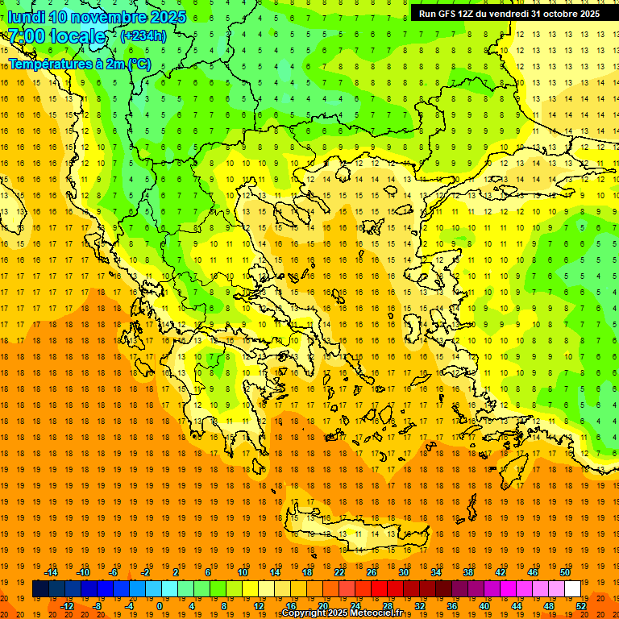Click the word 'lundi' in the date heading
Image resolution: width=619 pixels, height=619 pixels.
coord(26,17)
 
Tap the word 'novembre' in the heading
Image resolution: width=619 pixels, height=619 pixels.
coord(114,17)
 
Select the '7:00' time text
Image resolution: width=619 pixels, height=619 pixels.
coord(27,36)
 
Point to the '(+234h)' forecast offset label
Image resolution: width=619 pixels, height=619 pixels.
coord(143,35)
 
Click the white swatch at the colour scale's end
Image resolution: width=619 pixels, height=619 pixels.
coord(572,589)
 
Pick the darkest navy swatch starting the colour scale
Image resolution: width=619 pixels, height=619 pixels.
coord(40,589)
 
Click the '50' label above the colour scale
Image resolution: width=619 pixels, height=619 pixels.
coord(565,572)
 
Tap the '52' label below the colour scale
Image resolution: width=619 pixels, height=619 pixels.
coord(581,606)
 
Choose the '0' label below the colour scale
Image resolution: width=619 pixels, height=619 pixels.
coord(160,606)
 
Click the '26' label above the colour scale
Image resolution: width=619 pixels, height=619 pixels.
coord(371,572)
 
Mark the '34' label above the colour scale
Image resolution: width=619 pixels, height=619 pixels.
coord(436,572)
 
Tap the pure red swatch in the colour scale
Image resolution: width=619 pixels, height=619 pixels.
coord(379,589)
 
